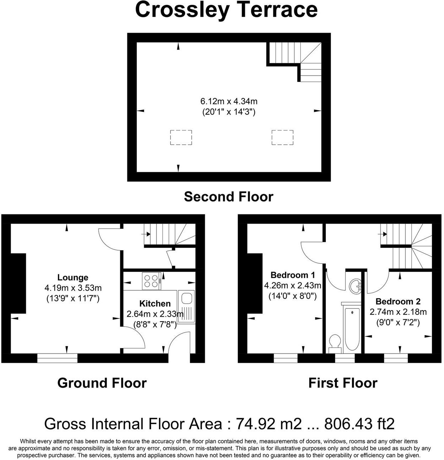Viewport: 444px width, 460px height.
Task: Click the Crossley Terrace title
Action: pos(226,10)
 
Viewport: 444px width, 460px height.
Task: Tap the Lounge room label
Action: pos(73,278)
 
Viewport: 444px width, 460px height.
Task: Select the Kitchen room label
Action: pos(155,303)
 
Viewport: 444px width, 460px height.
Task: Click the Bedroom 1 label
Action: pos(292,275)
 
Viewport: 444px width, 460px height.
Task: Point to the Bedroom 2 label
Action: pos(398,302)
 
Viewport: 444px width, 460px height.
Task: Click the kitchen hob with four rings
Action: pos(152,280)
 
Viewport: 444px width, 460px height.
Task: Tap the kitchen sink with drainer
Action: pos(186,307)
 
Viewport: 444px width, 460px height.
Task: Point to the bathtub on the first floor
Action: pos(352,328)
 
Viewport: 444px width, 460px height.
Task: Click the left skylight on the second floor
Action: pos(181,137)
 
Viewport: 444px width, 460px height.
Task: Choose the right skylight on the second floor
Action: pos(283,137)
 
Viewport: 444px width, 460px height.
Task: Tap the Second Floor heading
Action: pos(229,197)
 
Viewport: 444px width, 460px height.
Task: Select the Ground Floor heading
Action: pos(102,383)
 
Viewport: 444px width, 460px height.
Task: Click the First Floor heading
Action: pos(342,383)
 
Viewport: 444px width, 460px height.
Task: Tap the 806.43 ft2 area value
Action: pos(359,423)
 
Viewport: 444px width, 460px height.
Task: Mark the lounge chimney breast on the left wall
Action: pos(18,283)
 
